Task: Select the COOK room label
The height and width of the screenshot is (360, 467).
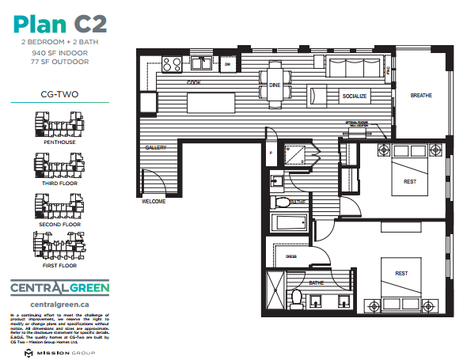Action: tap(192, 82)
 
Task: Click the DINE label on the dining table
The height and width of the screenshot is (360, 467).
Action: tap(275, 85)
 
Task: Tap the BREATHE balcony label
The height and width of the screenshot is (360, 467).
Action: tap(421, 96)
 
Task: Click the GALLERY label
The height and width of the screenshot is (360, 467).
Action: tap(154, 148)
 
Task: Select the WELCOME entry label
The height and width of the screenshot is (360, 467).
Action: tap(153, 201)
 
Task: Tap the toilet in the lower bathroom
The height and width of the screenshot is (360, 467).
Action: tap(297, 298)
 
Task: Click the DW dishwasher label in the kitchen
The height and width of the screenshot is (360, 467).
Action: tap(227, 63)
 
